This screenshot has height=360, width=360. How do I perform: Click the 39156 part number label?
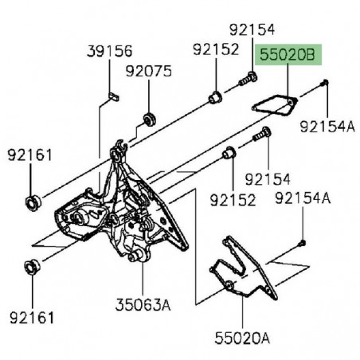click(109, 51)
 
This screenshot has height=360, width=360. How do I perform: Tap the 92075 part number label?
click(149, 71)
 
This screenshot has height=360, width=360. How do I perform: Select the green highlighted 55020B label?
click(288, 55)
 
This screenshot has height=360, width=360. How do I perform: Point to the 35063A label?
click(143, 304)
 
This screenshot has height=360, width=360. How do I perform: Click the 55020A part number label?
click(242, 338)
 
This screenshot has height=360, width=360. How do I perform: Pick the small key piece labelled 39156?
click(114, 96)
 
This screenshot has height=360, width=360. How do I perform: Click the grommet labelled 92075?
click(150, 119)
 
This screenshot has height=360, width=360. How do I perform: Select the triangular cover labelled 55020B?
click(274, 106)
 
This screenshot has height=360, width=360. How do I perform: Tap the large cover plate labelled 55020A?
click(244, 268)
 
